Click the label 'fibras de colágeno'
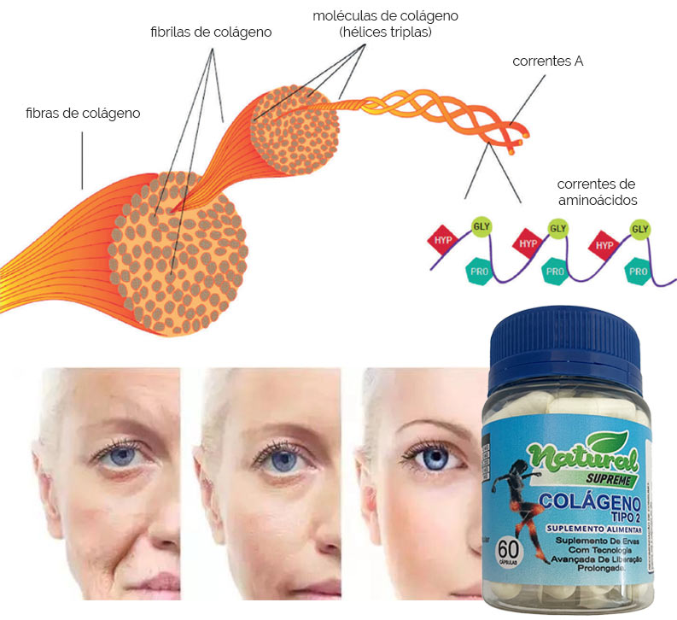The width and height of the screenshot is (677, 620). (x=83, y=113)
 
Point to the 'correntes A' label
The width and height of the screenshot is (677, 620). (x=547, y=62)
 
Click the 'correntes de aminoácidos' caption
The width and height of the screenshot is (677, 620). (x=597, y=192)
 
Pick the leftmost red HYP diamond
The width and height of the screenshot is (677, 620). (x=443, y=241)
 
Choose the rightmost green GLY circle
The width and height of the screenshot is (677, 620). (x=639, y=229)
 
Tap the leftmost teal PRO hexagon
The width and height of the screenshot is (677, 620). (x=477, y=272)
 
